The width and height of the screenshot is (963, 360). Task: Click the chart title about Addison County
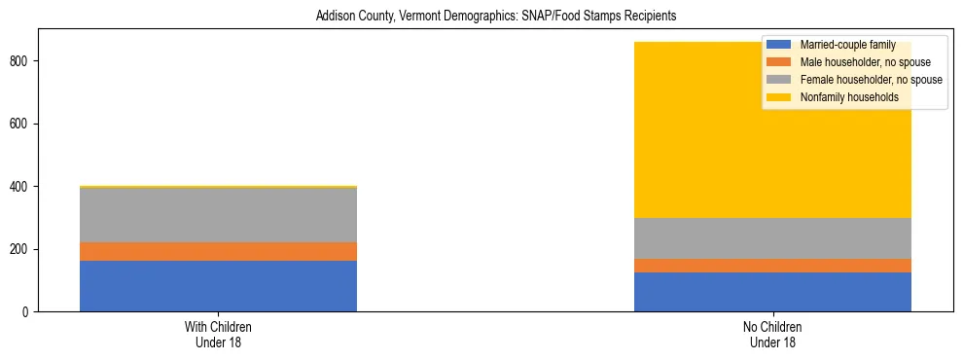(x=495, y=17)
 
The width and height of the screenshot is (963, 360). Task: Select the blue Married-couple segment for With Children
(x=218, y=286)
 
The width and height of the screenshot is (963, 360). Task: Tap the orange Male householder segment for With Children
(x=218, y=251)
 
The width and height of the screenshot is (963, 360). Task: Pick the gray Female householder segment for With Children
(x=218, y=215)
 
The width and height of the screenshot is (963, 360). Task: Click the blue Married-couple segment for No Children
(x=772, y=292)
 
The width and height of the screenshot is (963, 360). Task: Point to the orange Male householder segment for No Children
(x=772, y=266)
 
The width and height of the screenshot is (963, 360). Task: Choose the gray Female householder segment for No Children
(x=772, y=238)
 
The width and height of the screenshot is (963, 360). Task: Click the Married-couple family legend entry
(x=845, y=45)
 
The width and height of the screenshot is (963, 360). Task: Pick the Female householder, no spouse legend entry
(x=871, y=80)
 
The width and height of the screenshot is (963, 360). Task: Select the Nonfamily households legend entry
(x=849, y=97)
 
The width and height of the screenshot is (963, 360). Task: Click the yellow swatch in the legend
(x=779, y=97)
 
